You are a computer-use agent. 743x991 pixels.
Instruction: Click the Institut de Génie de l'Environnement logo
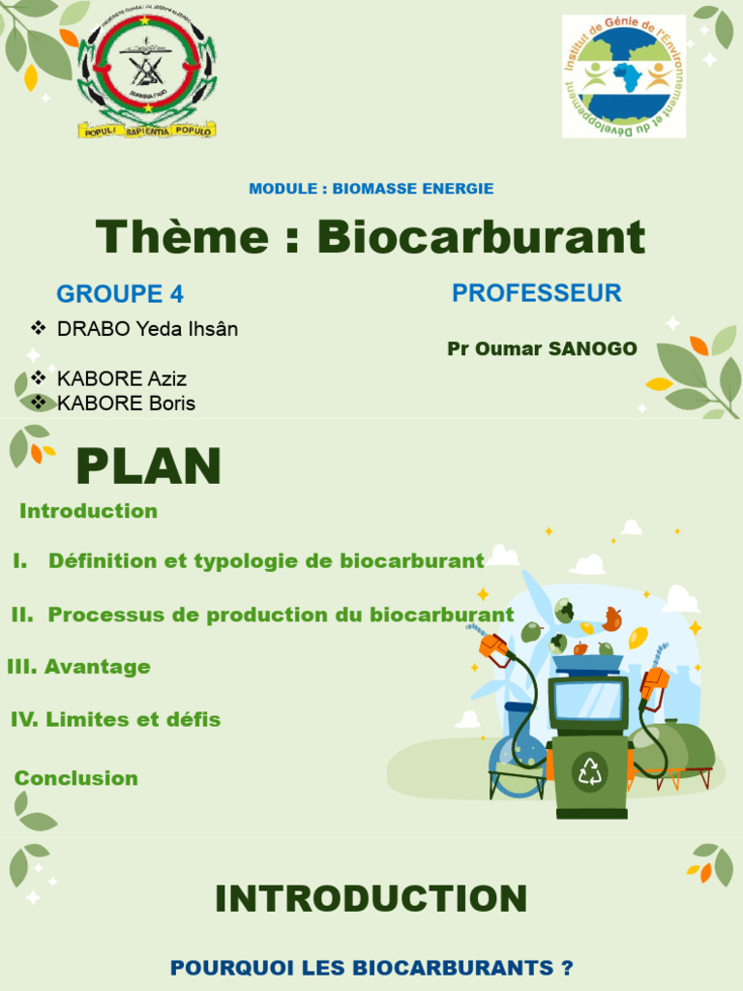point(624,75)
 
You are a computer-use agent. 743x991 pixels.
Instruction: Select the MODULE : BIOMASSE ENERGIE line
point(371,189)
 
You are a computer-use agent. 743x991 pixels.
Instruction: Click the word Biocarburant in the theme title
point(481,237)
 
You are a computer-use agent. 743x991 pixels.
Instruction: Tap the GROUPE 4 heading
point(120,294)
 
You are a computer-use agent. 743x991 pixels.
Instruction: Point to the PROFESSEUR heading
point(537,293)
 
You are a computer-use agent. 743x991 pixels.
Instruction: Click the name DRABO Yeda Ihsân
point(147,329)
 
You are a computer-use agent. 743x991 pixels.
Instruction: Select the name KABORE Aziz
point(122,378)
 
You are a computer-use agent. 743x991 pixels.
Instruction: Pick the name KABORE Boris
point(126,404)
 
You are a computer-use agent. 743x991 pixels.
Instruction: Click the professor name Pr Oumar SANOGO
point(542,349)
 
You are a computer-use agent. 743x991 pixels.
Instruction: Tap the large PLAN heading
point(149,467)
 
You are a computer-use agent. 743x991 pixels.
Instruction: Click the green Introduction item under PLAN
point(88,511)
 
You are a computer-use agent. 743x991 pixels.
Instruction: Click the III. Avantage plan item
point(78,667)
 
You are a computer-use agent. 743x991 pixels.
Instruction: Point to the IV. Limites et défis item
point(115,720)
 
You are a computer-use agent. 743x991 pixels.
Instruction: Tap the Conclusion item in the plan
point(76,778)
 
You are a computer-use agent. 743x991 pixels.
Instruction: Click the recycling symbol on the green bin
point(589,771)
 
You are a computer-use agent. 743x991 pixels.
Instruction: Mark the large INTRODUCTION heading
point(371,899)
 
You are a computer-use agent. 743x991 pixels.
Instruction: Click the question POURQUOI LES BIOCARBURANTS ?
point(371,968)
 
